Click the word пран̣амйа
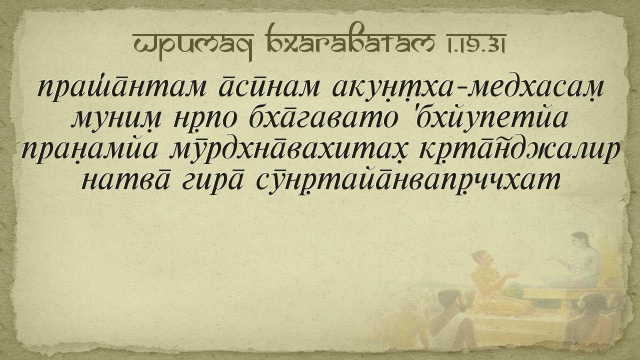[89, 150]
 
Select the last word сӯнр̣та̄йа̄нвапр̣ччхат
[407, 181]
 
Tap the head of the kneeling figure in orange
[482, 260]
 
